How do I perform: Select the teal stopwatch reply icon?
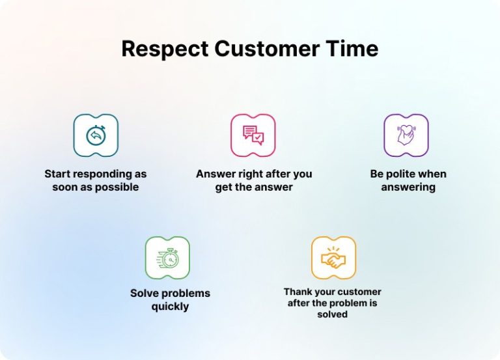tap(96, 135)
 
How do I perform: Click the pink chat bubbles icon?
tap(253, 135)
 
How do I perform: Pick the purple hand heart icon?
tap(406, 135)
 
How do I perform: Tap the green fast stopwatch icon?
tap(167, 258)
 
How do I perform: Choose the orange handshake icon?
tap(333, 258)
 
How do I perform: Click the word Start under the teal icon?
tap(57, 174)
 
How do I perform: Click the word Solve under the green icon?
tap(145, 293)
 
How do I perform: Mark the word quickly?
tap(170, 306)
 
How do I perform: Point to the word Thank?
tap(297, 292)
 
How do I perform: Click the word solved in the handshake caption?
tap(333, 314)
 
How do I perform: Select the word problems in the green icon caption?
tap(186, 293)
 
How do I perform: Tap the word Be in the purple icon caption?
tap(377, 174)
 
